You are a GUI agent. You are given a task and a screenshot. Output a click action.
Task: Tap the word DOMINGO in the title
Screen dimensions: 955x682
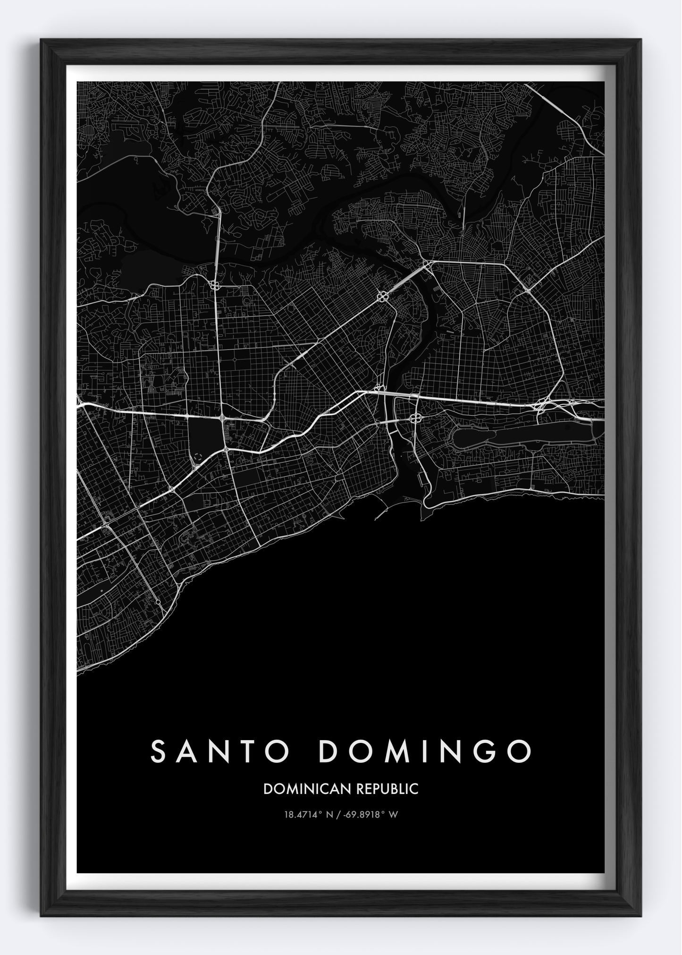(425, 751)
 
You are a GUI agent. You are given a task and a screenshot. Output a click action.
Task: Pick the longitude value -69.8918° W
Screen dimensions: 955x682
(372, 814)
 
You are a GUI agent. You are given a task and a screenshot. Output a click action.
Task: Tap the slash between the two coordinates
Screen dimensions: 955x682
(339, 814)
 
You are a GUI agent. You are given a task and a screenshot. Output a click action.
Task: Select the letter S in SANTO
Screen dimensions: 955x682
(159, 751)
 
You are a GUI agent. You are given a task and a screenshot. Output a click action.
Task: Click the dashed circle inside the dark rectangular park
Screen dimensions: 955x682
(197, 456)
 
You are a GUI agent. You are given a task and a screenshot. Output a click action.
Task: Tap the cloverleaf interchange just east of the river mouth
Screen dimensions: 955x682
(416, 418)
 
